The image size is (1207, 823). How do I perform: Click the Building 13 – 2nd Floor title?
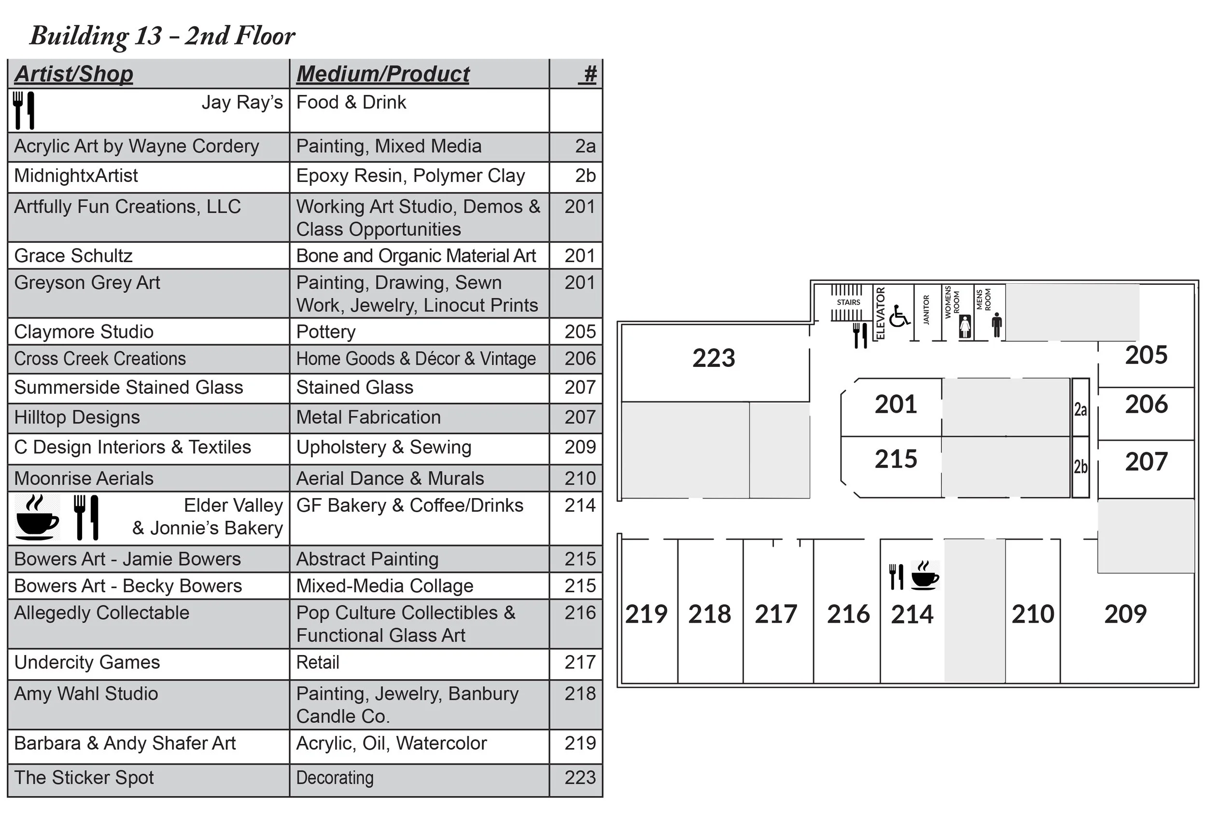pyautogui.click(x=162, y=36)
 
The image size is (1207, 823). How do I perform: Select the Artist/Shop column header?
pyautogui.click(x=74, y=74)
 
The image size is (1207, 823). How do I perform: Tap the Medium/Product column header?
pyautogui.click(x=383, y=74)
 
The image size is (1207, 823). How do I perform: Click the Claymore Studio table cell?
pyautogui.click(x=84, y=332)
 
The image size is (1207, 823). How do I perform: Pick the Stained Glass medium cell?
pyautogui.click(x=355, y=387)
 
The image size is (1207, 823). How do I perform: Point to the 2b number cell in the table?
pyautogui.click(x=585, y=176)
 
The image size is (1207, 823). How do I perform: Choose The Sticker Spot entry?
pyautogui.click(x=84, y=777)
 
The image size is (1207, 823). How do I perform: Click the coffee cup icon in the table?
pyautogui.click(x=37, y=517)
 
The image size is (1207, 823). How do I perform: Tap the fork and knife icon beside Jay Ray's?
pyautogui.click(x=23, y=110)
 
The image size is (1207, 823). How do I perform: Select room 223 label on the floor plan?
pyautogui.click(x=714, y=358)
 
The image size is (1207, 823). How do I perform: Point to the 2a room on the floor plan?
pyautogui.click(x=1081, y=409)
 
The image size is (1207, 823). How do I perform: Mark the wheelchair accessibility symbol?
pyautogui.click(x=899, y=316)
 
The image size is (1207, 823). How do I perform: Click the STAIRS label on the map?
pyautogui.click(x=848, y=302)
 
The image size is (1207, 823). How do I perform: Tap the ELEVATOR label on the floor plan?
pyautogui.click(x=880, y=313)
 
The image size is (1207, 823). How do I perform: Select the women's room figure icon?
pyautogui.click(x=965, y=326)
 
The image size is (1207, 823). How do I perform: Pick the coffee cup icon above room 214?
pyautogui.click(x=925, y=575)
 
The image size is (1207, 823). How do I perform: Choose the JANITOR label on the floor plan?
pyautogui.click(x=926, y=310)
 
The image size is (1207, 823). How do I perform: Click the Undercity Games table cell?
pyautogui.click(x=87, y=663)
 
